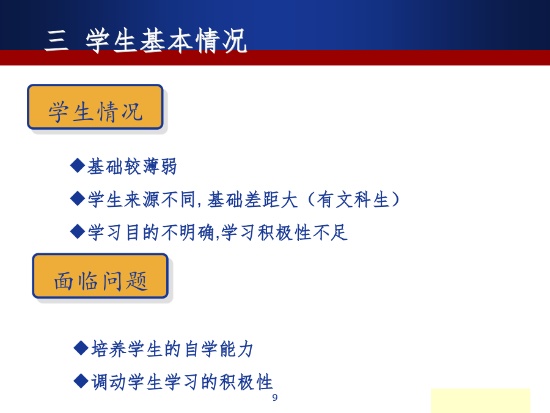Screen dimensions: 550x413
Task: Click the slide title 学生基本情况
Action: point(166,41)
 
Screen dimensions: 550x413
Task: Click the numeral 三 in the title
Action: point(56,41)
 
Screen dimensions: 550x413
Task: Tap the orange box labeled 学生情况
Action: point(95,106)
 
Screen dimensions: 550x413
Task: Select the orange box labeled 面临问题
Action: point(100,276)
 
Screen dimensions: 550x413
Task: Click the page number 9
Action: point(274,398)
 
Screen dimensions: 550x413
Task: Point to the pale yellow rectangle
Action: point(480,401)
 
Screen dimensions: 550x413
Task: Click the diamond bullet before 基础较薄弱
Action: point(78,165)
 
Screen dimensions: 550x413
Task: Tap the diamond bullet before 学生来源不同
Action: point(78,198)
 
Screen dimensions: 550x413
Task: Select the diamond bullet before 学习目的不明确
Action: point(78,232)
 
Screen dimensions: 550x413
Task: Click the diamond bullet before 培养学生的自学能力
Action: point(81,348)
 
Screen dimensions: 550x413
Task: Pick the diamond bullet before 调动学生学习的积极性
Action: point(81,381)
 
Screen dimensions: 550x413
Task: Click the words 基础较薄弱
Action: point(132,166)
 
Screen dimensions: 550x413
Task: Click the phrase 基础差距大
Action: point(252,199)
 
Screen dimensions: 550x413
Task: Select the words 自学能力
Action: point(219,349)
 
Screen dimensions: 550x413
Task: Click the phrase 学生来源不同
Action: point(142,199)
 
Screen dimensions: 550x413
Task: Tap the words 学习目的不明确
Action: point(151,233)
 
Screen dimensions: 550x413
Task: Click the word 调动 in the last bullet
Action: point(109,382)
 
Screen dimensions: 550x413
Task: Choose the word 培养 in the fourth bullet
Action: point(109,349)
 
